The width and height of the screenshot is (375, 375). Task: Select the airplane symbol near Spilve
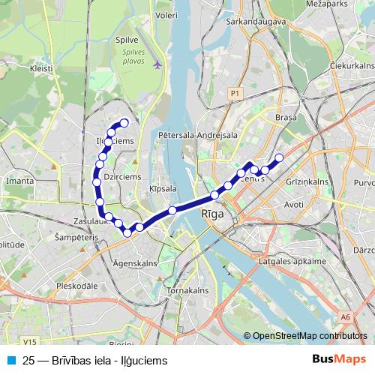point(157,64)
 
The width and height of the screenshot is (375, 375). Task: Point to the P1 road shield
point(235,92)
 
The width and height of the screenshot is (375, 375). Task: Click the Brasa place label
point(286,118)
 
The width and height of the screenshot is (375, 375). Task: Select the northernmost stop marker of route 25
point(124,123)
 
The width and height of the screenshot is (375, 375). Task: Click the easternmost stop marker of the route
point(279,157)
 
